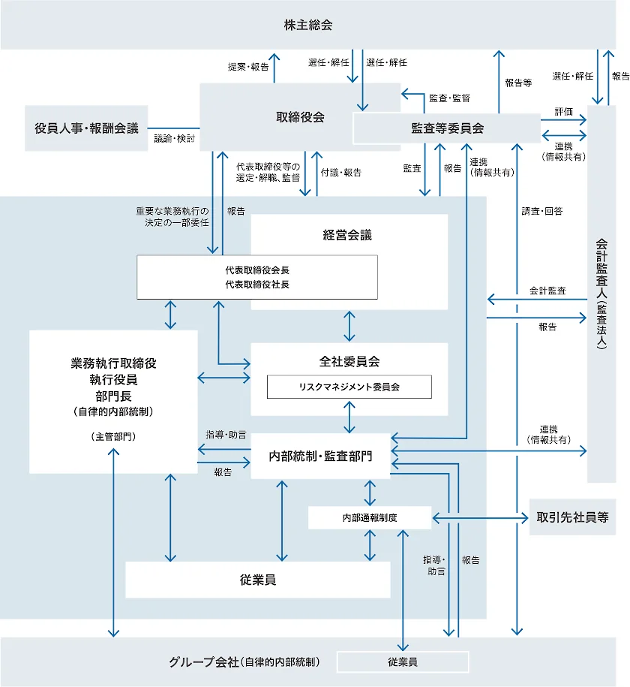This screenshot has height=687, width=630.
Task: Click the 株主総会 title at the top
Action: click(x=308, y=25)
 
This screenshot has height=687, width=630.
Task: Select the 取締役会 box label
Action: click(x=300, y=117)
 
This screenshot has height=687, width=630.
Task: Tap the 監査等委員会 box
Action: click(x=447, y=128)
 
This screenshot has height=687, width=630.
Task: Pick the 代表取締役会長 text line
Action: click(x=257, y=270)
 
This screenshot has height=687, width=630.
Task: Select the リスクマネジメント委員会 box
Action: click(x=349, y=387)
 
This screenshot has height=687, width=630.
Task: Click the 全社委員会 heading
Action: click(x=349, y=361)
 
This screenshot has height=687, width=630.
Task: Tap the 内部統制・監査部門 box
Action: click(x=320, y=456)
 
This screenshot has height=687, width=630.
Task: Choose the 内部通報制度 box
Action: click(x=370, y=517)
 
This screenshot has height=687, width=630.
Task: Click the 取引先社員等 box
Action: click(x=572, y=517)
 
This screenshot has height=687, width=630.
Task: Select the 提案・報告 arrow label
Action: click(x=248, y=66)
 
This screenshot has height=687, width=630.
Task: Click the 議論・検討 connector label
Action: click(x=174, y=138)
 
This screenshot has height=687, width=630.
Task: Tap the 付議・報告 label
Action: click(x=340, y=173)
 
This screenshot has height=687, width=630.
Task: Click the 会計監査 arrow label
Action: click(x=547, y=291)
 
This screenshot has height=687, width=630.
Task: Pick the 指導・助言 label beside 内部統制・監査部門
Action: click(x=226, y=435)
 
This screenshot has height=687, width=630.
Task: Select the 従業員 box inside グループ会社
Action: click(x=403, y=662)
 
